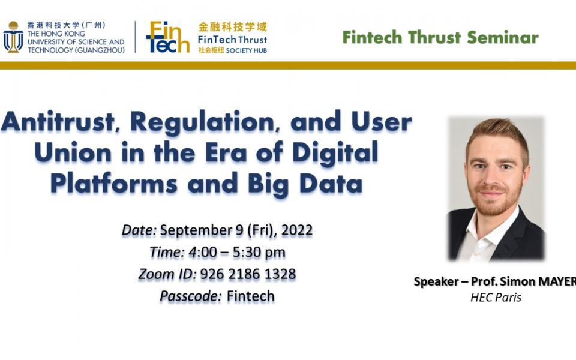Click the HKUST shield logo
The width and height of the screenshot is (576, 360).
pos(13,37)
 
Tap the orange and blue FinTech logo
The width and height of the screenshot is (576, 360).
pos(167,37)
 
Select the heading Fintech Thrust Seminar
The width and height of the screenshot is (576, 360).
pos(440,37)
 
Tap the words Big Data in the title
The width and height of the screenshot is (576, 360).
pos(318,183)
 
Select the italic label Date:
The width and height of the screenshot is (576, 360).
pos(139,230)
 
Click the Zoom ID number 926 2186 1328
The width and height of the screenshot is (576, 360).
pos(248,274)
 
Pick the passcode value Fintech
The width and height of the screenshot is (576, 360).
pos(251,296)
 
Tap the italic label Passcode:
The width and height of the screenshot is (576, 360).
pos(191,296)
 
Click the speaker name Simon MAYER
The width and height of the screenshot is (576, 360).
pos(537,281)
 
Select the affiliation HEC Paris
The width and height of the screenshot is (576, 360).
pos(496,297)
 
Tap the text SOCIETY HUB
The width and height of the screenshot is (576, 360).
pos(247,50)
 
